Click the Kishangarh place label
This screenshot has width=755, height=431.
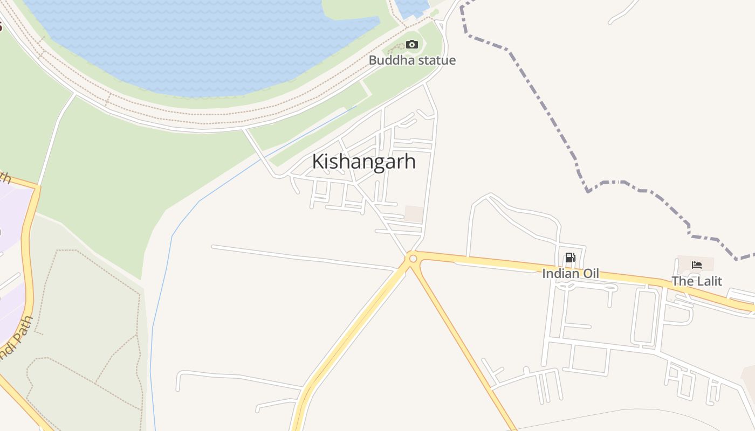pyautogui.click(x=364, y=162)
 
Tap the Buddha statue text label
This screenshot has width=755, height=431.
pyautogui.click(x=412, y=60)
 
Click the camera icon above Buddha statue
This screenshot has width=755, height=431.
pyautogui.click(x=412, y=44)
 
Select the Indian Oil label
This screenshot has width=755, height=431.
pyautogui.click(x=570, y=274)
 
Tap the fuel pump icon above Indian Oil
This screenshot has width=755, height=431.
pyautogui.click(x=570, y=258)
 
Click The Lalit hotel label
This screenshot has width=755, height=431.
pyautogui.click(x=696, y=281)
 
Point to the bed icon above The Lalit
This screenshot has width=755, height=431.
pyautogui.click(x=696, y=265)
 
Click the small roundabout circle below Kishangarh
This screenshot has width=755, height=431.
pyautogui.click(x=413, y=259)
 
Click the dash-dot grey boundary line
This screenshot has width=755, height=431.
pyautogui.click(x=545, y=108)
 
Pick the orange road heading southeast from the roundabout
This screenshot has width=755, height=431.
pyautogui.click(x=464, y=345)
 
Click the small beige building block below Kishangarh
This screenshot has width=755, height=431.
pyautogui.click(x=414, y=213)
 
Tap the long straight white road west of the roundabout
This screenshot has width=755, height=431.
pyautogui.click(x=302, y=258)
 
